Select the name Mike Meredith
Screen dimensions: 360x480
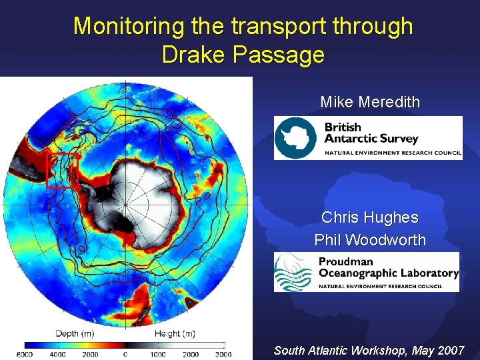click(370, 102)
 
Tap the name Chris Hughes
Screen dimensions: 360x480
click(370, 217)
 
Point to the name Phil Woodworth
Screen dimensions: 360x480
click(370, 240)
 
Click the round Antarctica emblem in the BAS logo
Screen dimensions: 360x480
click(297, 138)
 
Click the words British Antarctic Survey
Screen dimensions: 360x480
click(371, 133)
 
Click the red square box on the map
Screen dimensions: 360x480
click(63, 171)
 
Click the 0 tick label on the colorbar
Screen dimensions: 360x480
click(125, 354)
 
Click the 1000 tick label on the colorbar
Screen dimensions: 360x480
click(157, 354)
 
